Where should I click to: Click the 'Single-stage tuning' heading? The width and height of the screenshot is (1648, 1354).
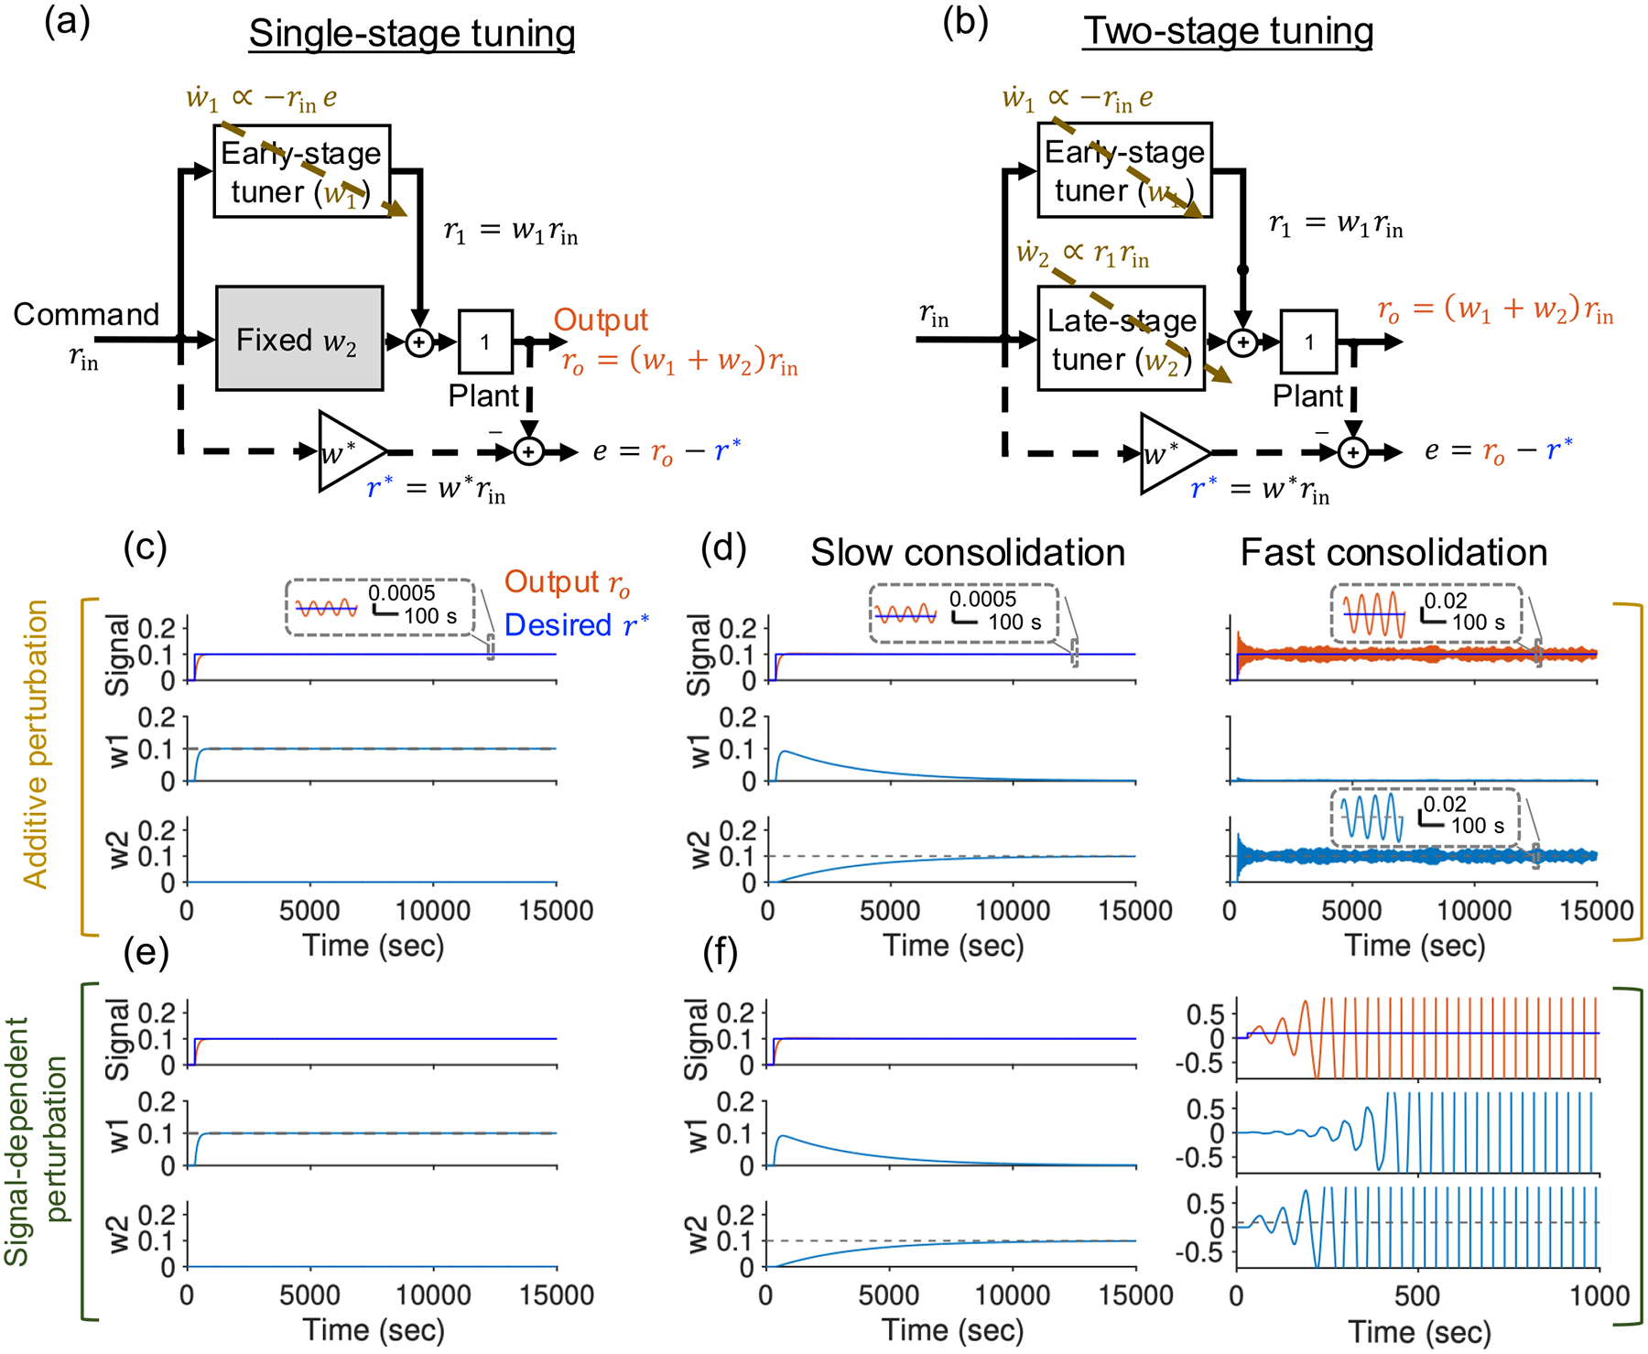[x=412, y=35]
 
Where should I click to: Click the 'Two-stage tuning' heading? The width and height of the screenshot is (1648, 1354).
[x=1228, y=32]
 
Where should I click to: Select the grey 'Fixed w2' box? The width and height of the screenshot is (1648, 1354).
[x=299, y=339]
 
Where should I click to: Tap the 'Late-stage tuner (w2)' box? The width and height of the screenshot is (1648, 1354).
[x=1122, y=339]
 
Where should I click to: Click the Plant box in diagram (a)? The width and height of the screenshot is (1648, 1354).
[x=484, y=341]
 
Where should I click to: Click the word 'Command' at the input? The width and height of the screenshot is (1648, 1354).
[x=86, y=315]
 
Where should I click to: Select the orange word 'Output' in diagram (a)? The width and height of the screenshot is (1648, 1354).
[x=601, y=320]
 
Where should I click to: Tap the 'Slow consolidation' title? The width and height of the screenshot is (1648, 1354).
[x=967, y=553]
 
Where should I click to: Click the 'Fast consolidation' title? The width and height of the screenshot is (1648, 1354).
[x=1393, y=553]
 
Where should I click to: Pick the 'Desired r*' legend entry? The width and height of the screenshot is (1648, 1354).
[x=576, y=625]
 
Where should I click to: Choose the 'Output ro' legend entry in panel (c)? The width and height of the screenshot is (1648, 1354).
[x=567, y=583]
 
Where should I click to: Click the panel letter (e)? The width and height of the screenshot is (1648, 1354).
[x=146, y=953]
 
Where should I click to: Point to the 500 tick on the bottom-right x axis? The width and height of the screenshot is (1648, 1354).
[x=1417, y=1295]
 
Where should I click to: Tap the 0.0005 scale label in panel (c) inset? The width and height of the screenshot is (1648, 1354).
[x=401, y=593]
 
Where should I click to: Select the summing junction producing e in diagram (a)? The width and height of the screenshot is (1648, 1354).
[x=528, y=451]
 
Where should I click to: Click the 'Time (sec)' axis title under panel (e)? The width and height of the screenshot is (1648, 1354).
[x=373, y=1330]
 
